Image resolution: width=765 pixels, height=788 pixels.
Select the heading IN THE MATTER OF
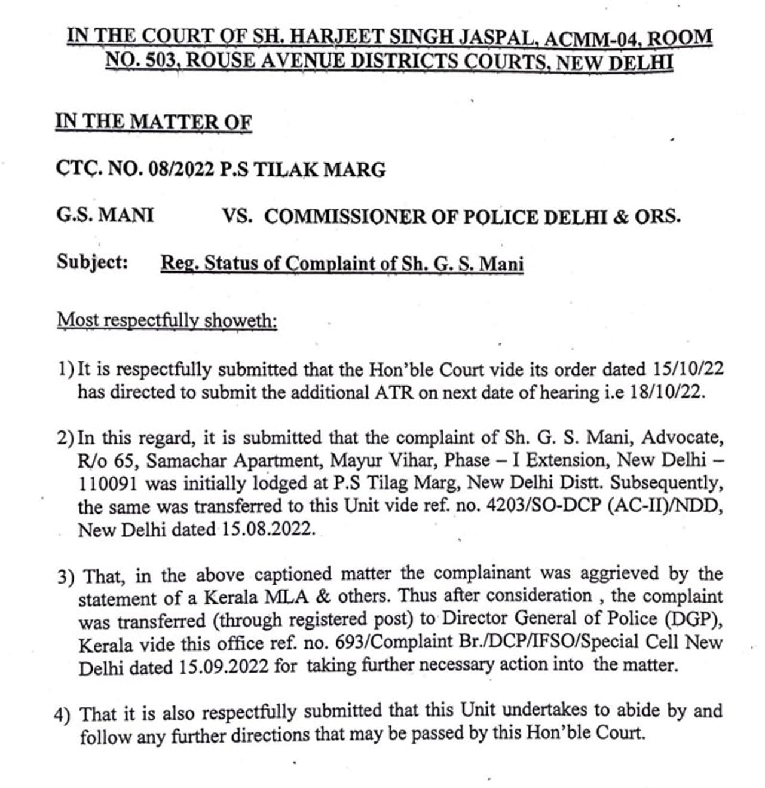click(154, 121)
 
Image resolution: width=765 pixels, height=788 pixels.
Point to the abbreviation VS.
click(237, 215)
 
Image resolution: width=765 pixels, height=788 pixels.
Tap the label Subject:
click(93, 262)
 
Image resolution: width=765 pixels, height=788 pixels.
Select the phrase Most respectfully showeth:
click(167, 320)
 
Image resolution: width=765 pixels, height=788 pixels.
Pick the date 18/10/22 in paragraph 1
click(668, 392)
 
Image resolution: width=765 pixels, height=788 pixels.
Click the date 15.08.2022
click(267, 529)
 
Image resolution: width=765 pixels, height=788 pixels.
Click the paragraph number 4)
click(62, 714)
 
